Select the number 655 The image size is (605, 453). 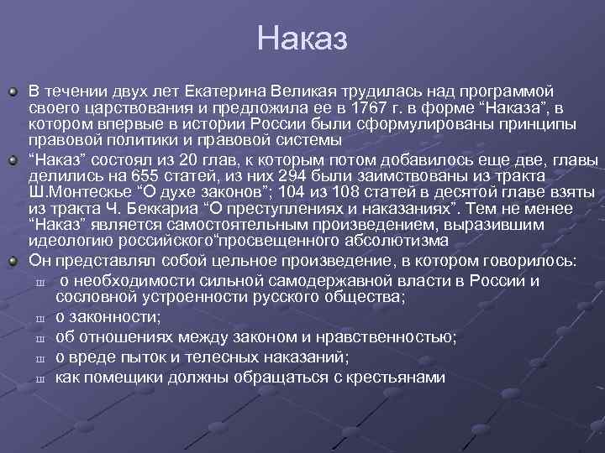pyautogui.click(x=138, y=177)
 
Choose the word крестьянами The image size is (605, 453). pyautogui.click(x=395, y=377)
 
